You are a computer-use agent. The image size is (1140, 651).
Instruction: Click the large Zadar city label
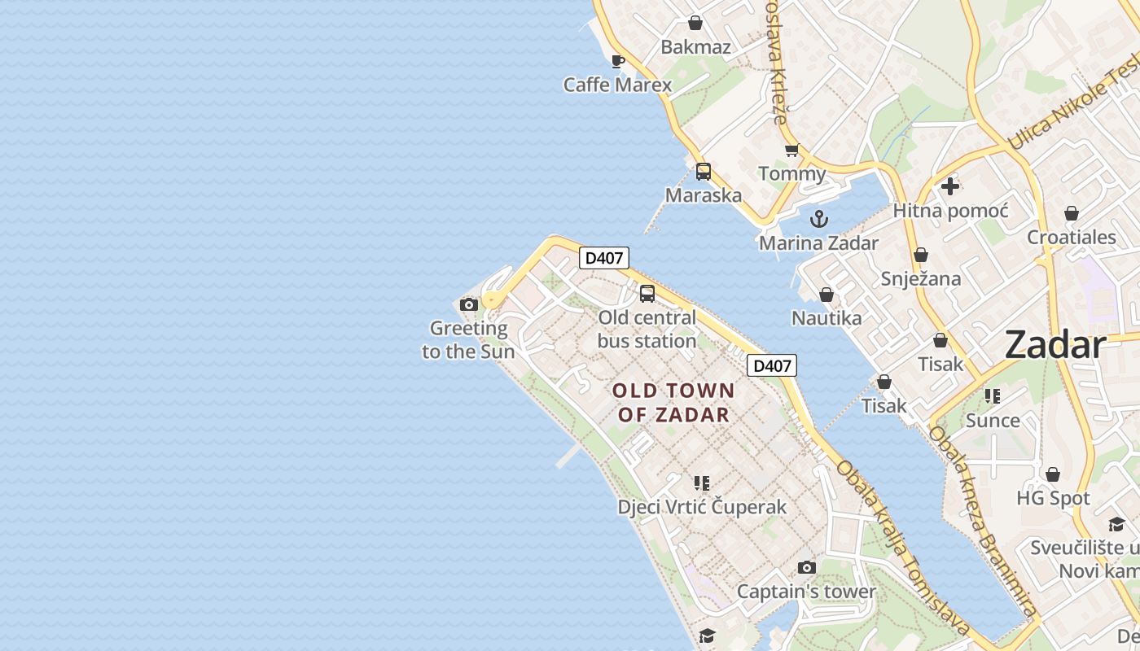click(x=1054, y=345)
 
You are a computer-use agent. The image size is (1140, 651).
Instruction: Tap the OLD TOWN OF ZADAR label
click(x=673, y=403)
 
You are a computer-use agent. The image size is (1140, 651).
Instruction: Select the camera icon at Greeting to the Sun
click(x=469, y=305)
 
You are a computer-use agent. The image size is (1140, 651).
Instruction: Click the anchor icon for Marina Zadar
click(x=819, y=219)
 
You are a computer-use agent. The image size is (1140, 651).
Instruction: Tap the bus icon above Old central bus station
click(x=647, y=294)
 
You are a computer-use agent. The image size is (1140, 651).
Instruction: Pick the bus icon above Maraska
click(x=704, y=172)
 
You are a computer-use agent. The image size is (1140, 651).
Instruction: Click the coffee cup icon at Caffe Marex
click(x=618, y=61)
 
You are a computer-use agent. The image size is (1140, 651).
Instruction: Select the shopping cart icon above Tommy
click(x=791, y=151)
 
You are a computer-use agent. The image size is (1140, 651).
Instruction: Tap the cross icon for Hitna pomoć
click(x=949, y=186)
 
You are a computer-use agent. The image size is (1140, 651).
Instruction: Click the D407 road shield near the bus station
click(x=604, y=258)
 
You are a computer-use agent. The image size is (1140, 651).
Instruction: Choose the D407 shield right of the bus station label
click(x=772, y=365)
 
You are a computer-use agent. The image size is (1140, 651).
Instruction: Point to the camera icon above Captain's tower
click(x=806, y=567)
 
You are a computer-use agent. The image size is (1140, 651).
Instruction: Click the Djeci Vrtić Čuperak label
click(x=702, y=507)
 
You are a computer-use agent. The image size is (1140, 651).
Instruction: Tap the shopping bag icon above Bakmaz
click(x=695, y=23)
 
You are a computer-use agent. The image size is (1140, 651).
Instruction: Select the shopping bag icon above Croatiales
click(x=1072, y=213)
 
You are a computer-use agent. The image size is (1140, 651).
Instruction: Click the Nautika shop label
click(x=826, y=318)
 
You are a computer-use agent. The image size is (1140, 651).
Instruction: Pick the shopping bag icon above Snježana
click(x=921, y=255)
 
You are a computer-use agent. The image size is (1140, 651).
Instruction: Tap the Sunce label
click(x=993, y=421)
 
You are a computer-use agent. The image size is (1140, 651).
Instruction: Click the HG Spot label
click(x=1053, y=498)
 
